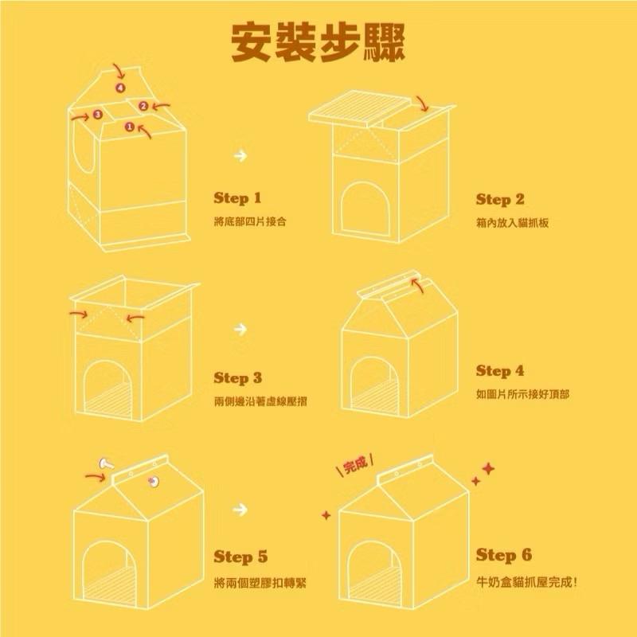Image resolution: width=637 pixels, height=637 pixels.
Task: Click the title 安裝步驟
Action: point(318,41)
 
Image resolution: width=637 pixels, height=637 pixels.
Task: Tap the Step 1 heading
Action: point(237,198)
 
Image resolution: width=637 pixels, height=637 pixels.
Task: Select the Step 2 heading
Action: point(500,199)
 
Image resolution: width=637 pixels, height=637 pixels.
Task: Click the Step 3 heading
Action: point(237,378)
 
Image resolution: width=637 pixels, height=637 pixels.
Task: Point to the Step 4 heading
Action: point(500,371)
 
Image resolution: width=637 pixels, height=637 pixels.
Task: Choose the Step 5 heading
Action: point(237,557)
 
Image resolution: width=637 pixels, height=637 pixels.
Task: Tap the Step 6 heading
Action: point(500,555)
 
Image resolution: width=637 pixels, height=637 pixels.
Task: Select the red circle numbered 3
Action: point(97,115)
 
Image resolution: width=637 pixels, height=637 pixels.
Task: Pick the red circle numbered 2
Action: point(143,105)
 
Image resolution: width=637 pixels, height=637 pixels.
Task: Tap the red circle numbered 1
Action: point(130,126)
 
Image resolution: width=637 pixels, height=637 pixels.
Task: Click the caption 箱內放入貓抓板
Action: point(512,223)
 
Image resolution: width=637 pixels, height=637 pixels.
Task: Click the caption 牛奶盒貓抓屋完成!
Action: point(527,581)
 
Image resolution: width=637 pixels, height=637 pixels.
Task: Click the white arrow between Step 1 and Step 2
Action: point(240,154)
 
